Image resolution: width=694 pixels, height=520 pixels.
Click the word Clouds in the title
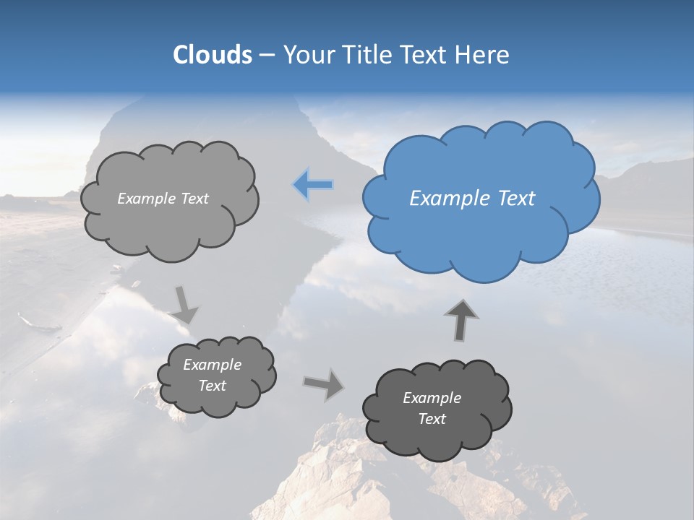[x=212, y=55]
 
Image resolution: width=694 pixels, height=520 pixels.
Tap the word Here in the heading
[x=483, y=55]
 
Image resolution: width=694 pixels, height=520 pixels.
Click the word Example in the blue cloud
[x=450, y=199]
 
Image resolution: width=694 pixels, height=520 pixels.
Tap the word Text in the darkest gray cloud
[x=432, y=419]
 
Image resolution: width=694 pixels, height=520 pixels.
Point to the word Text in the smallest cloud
[x=212, y=386]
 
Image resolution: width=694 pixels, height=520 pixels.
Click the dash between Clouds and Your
[x=267, y=56]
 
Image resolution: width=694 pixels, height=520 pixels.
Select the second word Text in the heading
[x=421, y=55]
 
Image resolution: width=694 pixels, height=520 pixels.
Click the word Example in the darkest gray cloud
[x=432, y=398]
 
